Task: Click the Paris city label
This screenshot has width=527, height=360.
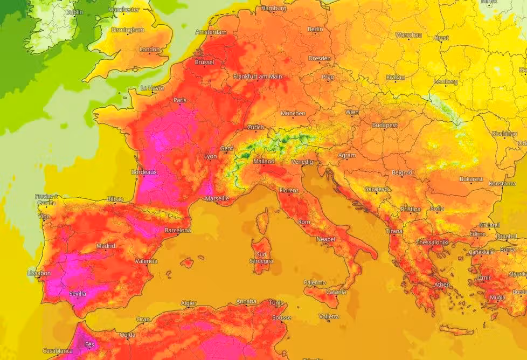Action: tap(179, 100)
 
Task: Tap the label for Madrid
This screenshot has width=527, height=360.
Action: tap(106, 246)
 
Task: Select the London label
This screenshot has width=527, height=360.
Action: tap(150, 49)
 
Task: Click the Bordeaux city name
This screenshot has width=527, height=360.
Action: tap(144, 172)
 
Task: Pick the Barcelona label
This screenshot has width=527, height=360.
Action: tap(178, 230)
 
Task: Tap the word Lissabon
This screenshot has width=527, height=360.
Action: tap(39, 273)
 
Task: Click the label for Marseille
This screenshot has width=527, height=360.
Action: tap(217, 198)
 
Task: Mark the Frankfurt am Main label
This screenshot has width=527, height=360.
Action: tap(258, 77)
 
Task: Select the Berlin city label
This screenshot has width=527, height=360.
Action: tap(315, 29)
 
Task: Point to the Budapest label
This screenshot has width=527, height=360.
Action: tap(385, 125)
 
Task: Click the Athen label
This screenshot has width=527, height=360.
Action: tap(442, 285)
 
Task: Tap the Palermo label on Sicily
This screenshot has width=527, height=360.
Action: tap(315, 282)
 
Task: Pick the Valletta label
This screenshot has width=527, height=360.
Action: tap(329, 316)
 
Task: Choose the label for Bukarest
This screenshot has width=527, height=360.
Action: tap(471, 179)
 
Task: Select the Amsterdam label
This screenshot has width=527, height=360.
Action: tap(211, 32)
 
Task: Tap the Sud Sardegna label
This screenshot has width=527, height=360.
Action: tap(262, 258)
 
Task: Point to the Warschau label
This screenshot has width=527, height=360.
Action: tap(408, 34)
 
